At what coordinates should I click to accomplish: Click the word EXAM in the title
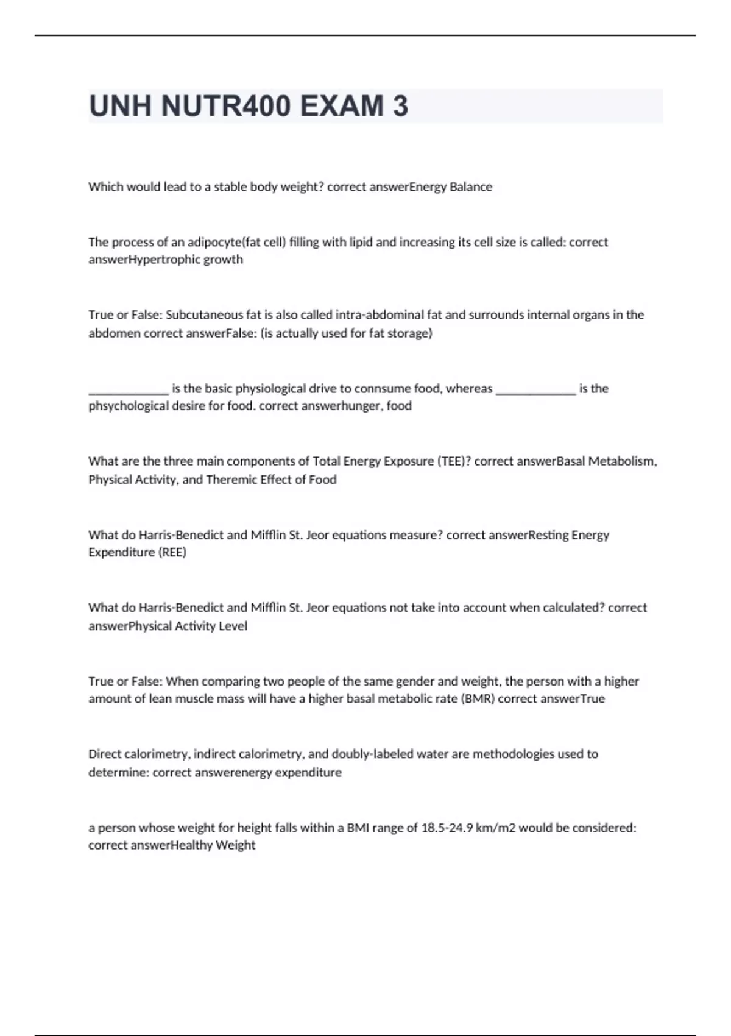click(x=333, y=106)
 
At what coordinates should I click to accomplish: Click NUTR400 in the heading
click(x=226, y=106)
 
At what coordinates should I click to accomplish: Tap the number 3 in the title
click(x=400, y=106)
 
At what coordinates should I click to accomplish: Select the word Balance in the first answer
click(x=471, y=187)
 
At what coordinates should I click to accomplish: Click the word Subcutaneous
click(x=204, y=315)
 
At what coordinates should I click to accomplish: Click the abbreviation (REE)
click(x=172, y=552)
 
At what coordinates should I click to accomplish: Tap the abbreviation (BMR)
click(x=478, y=699)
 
